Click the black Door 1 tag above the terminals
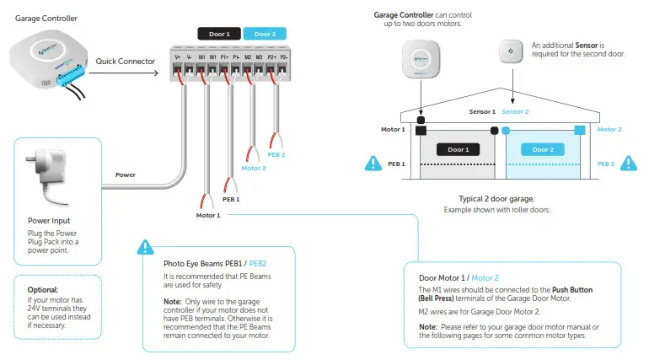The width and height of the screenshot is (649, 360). pyautogui.click(x=218, y=34)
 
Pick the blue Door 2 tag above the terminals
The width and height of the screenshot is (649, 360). pyautogui.click(x=265, y=34)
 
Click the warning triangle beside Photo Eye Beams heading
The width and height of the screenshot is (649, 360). pyautogui.click(x=146, y=247)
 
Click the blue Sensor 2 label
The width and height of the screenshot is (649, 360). pyautogui.click(x=515, y=112)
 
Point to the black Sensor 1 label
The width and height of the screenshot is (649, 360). pyautogui.click(x=482, y=112)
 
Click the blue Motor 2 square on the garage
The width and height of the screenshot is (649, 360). pyautogui.click(x=580, y=130)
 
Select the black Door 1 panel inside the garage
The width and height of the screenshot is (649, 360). pyautogui.click(x=459, y=149)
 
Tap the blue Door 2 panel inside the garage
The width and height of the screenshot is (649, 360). pyautogui.click(x=544, y=149)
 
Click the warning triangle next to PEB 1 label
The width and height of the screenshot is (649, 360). pyautogui.click(x=371, y=163)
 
